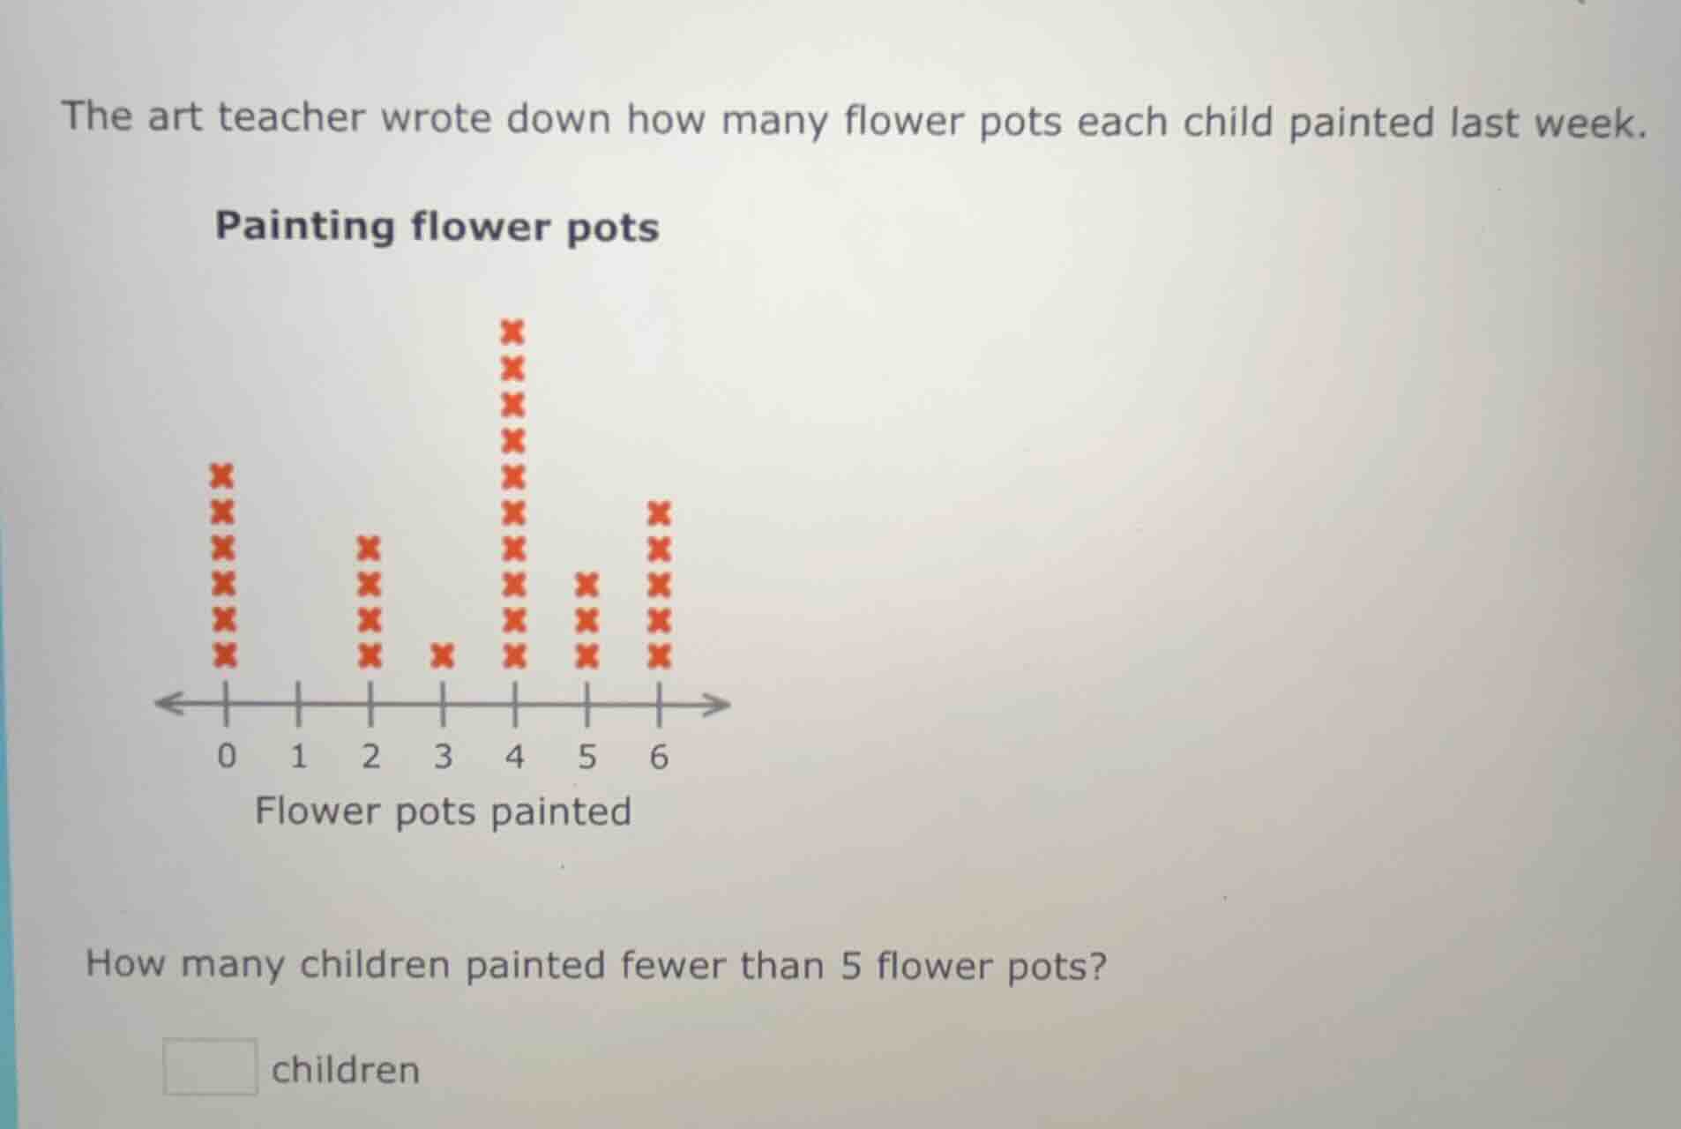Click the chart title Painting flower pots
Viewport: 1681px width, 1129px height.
coord(437,227)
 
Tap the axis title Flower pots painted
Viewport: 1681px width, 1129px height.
coord(443,811)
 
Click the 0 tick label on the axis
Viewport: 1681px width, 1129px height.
coord(227,757)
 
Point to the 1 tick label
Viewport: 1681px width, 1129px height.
coord(299,757)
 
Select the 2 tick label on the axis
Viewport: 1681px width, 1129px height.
coord(370,757)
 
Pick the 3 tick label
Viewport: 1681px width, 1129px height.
coord(443,757)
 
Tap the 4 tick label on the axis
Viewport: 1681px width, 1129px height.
coord(515,757)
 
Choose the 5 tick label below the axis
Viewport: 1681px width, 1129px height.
coord(586,757)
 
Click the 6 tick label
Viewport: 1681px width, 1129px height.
coord(659,757)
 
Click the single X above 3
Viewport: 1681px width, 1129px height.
coord(443,655)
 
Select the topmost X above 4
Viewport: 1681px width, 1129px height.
coord(513,333)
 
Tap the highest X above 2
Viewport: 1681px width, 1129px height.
coord(370,548)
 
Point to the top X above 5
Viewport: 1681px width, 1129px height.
coord(586,584)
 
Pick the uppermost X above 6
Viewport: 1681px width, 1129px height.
coord(659,512)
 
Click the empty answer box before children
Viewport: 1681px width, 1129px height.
coord(210,1066)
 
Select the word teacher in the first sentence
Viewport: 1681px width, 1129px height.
coord(291,117)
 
